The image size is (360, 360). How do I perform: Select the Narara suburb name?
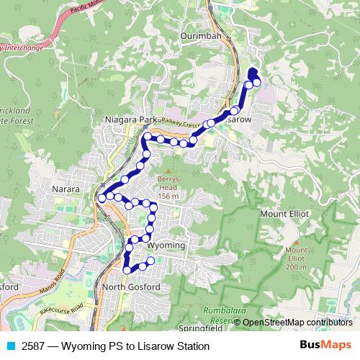click(66, 189)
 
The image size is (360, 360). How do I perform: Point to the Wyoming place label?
click(166, 246)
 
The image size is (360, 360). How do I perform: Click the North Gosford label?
click(131, 287)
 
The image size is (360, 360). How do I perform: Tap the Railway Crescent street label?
click(182, 123)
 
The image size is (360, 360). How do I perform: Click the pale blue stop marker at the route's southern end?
click(150, 261)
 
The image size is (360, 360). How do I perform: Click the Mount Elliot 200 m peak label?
click(296, 258)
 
